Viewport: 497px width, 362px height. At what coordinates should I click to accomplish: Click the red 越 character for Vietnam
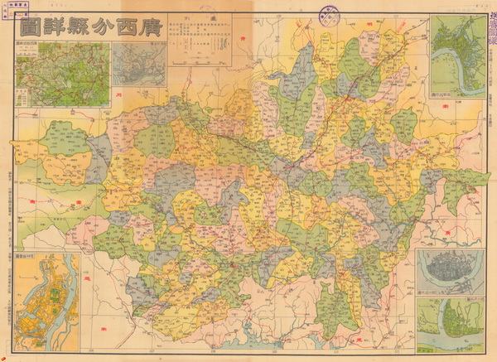pyautogui.click(x=103, y=305)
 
